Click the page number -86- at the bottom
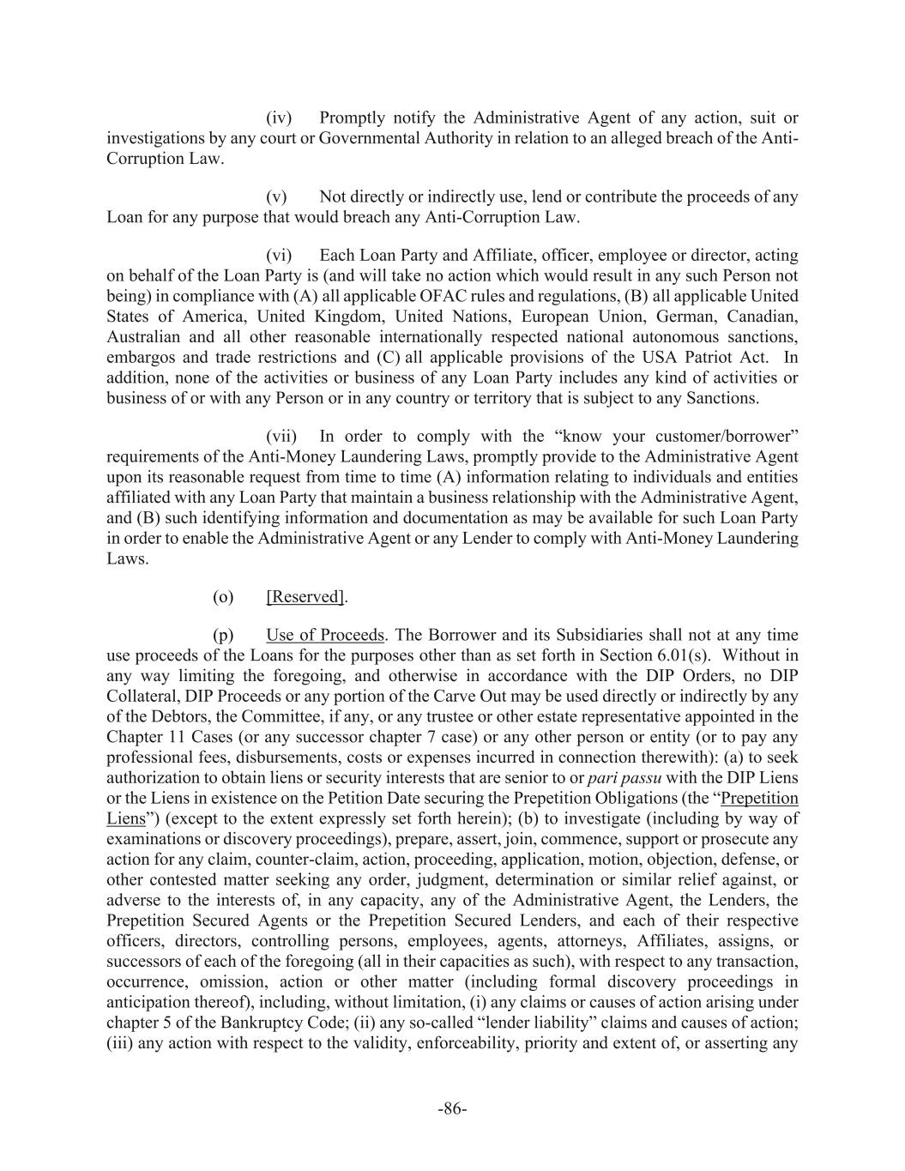[x=452, y=1109]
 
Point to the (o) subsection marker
[x=223, y=597]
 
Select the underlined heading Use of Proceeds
[x=325, y=635]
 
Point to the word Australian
[x=142, y=337]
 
